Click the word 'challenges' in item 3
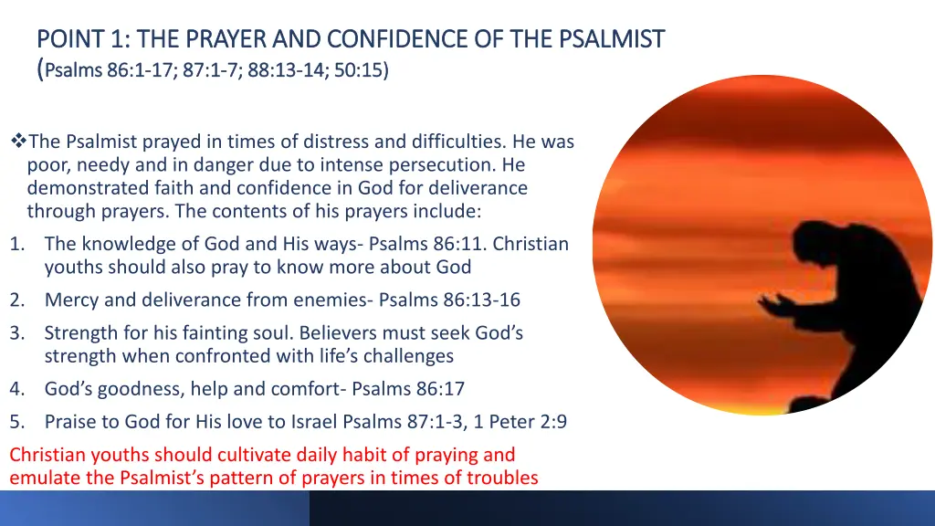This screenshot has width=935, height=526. pyautogui.click(x=405, y=356)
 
